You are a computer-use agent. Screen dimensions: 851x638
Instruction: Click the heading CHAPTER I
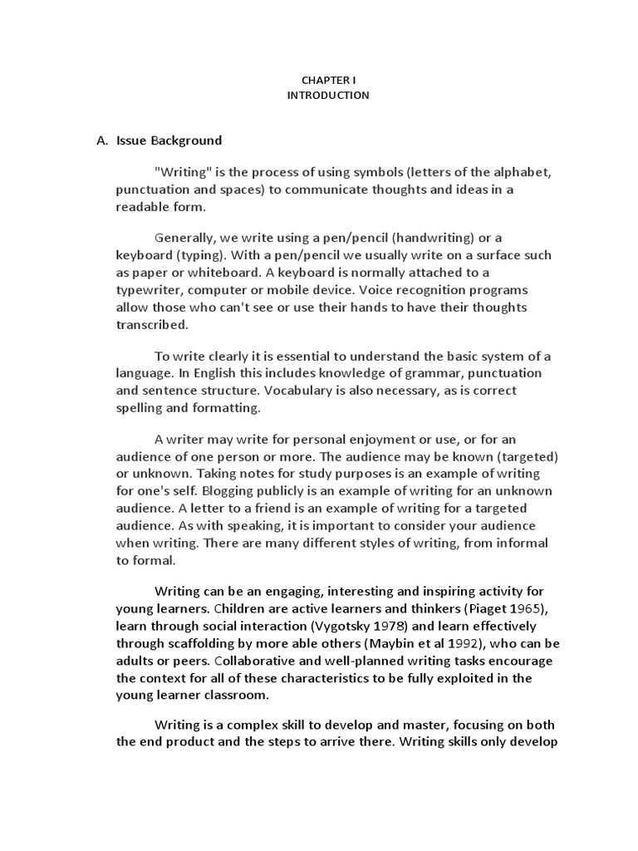coord(328,80)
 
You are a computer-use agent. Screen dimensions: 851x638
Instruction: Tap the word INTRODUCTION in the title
coord(328,96)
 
